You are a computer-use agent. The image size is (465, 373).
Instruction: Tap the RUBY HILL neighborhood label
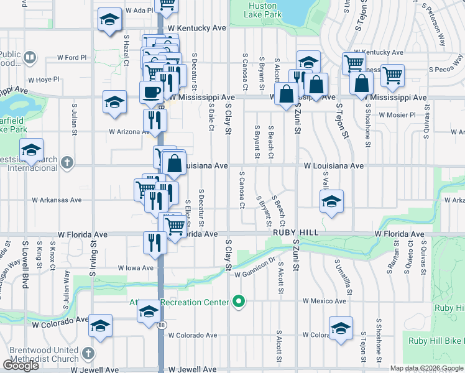pos(295,231)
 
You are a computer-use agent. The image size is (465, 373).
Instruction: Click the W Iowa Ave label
pos(136,268)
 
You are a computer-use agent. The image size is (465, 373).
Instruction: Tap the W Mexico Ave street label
pos(324,301)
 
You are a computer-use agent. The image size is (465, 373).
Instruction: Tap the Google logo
pos(21,366)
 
